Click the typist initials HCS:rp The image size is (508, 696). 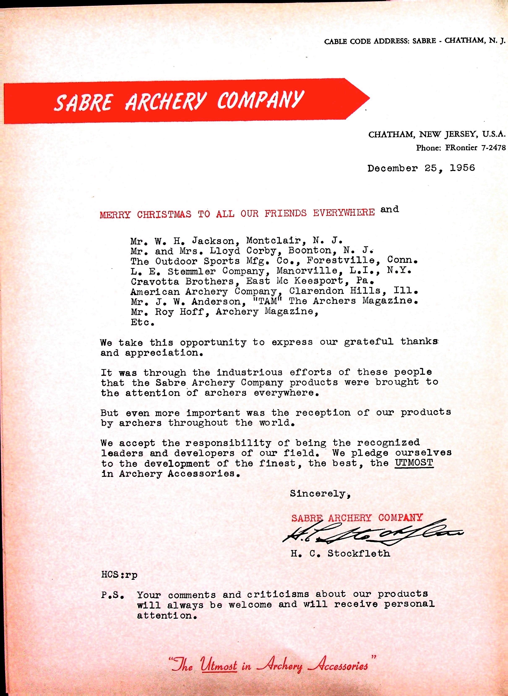[x=119, y=575]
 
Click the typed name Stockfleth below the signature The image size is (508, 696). [x=358, y=553]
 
